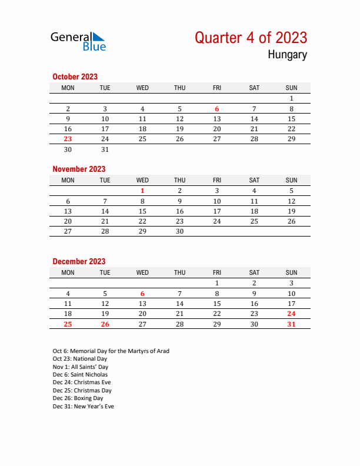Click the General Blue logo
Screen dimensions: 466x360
78,41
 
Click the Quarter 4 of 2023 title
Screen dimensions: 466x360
251,38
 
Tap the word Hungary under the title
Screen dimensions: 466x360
287,55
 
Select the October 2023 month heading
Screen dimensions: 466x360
75,76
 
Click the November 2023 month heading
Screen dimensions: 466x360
79,169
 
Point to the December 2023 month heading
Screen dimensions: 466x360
79,261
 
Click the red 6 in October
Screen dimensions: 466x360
217,109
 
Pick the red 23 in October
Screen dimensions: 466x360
68,139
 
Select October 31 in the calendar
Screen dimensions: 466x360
105,149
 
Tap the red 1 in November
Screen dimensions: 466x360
142,191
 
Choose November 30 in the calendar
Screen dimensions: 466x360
179,231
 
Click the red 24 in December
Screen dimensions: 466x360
291,314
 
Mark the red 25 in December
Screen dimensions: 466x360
68,324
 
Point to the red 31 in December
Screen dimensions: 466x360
291,324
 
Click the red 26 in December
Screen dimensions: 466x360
105,324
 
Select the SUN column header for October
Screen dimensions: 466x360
291,88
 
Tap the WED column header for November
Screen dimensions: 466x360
142,180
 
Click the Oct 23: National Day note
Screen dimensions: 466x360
80,359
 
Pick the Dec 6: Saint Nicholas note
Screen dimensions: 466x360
80,375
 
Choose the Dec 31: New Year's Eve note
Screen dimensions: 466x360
84,407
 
